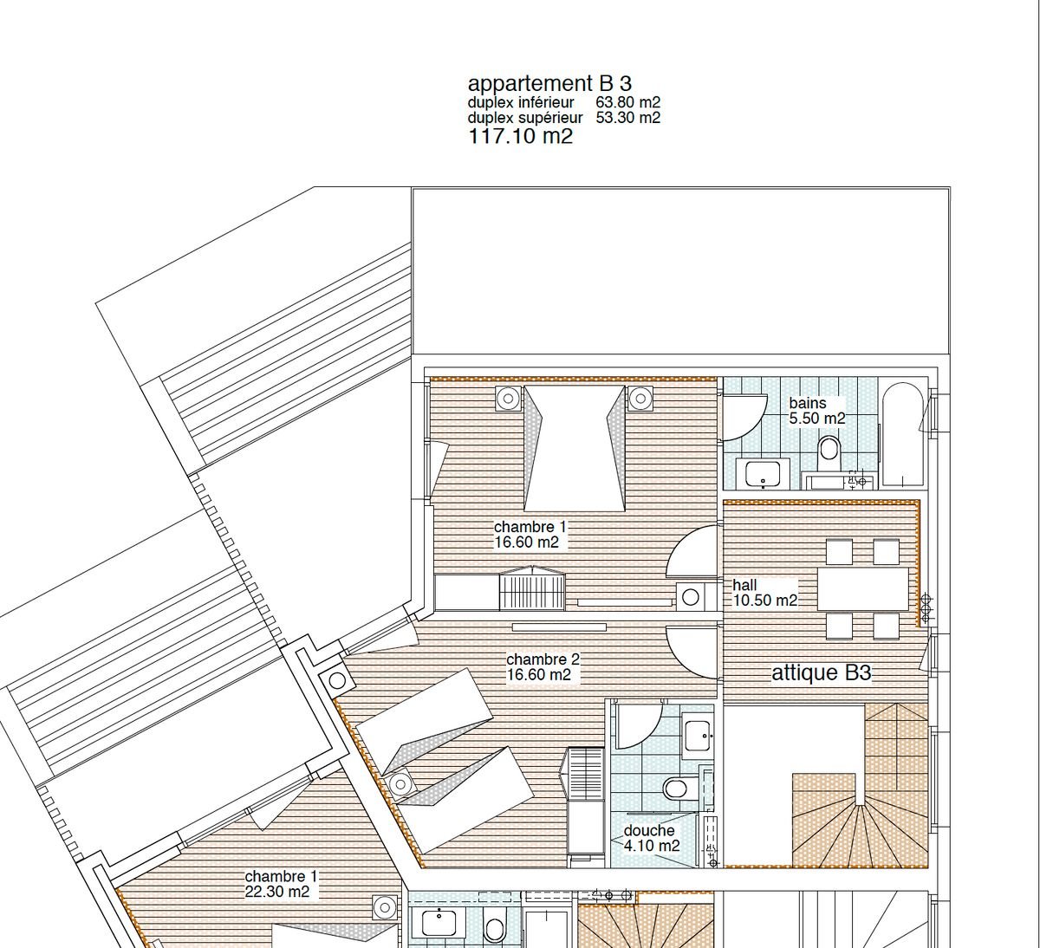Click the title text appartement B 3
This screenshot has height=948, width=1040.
(549, 84)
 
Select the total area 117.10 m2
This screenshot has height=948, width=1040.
(520, 136)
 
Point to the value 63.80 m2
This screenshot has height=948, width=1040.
(627, 103)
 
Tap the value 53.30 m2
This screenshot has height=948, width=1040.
(627, 118)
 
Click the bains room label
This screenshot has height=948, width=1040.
(807, 403)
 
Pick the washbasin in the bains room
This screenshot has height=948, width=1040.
(763, 475)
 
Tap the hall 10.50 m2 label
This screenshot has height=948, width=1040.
(764, 594)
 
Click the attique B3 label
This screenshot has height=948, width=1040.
(821, 673)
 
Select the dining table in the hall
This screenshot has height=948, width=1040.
(862, 589)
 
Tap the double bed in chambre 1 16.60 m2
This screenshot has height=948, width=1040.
(573, 449)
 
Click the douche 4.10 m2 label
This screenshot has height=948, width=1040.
(651, 838)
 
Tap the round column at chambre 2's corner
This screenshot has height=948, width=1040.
(336, 680)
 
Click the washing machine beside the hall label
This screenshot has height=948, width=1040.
(692, 596)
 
